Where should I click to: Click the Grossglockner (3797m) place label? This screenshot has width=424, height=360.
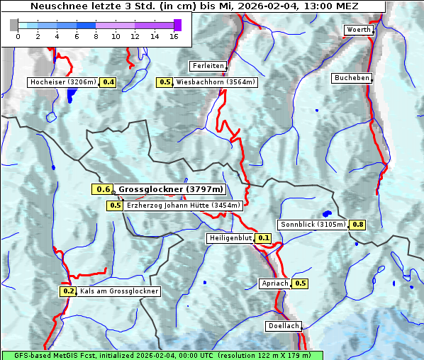[x=171, y=189]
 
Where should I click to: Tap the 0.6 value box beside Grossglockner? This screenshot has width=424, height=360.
[x=103, y=189]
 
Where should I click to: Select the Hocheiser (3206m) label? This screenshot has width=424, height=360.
[x=62, y=82]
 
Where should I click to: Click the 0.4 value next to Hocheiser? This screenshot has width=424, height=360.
[x=108, y=82]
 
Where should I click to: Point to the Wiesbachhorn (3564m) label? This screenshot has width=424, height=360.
[x=216, y=82]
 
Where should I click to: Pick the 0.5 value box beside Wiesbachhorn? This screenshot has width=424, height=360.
[x=165, y=82]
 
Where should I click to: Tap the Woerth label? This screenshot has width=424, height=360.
[x=358, y=30]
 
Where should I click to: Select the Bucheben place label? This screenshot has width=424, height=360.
[x=352, y=78]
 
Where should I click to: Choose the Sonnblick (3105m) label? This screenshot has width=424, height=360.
[x=313, y=225]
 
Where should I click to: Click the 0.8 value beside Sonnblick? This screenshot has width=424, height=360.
[x=358, y=225]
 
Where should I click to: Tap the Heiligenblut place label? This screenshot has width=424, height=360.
[x=230, y=238]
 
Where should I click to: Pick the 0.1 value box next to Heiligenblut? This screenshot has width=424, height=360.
[x=264, y=238]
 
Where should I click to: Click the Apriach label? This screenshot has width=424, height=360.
[x=275, y=283]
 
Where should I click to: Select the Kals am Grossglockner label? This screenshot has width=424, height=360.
[x=119, y=291]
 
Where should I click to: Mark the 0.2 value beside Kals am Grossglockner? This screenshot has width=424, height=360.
[x=68, y=291]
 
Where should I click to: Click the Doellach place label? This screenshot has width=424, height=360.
[x=284, y=327]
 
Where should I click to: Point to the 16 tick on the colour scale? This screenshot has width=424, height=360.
[x=174, y=36]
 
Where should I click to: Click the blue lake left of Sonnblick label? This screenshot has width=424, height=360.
[x=327, y=213]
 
